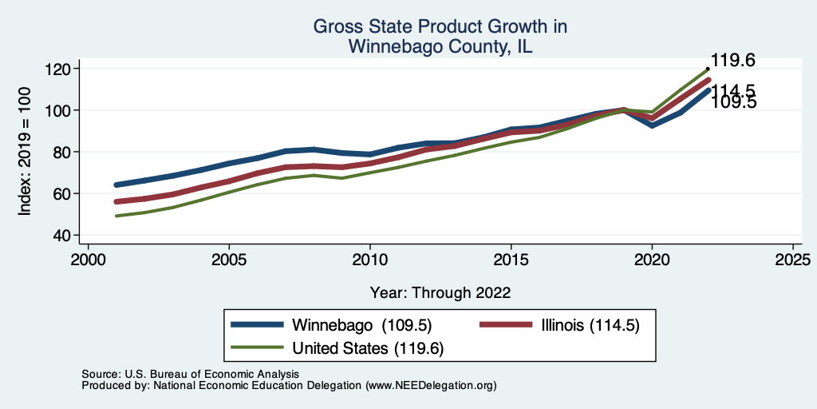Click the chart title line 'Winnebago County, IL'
(440, 47)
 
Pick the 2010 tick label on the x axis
(370, 260)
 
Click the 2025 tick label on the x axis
(793, 260)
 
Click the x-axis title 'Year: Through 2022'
(440, 292)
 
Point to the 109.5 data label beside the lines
(732, 103)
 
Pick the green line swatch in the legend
(257, 347)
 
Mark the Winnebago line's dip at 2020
(652, 125)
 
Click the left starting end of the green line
(116, 216)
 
